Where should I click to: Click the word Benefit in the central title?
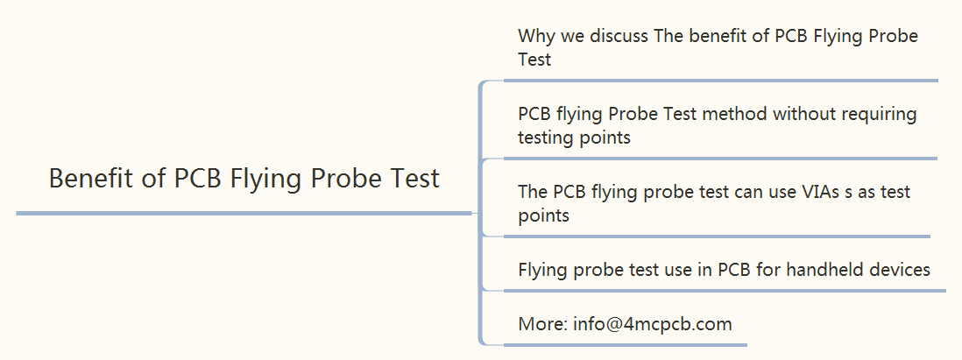click(87, 179)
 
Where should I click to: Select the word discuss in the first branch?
click(619, 36)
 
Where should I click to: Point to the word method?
click(737, 114)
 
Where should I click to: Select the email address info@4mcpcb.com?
click(652, 324)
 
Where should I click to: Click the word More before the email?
click(543, 324)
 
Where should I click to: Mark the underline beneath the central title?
click(244, 214)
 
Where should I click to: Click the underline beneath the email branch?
click(626, 344)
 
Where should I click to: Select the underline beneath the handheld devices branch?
click(725, 290)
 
